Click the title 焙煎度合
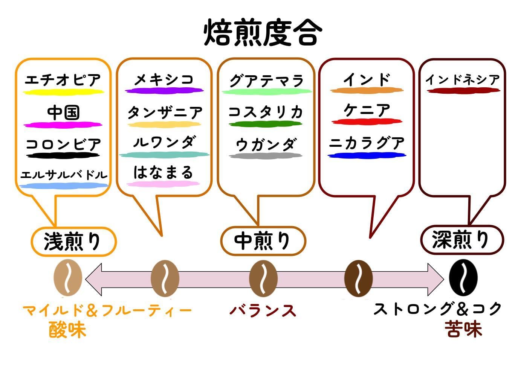coord(263,33)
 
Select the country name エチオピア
coord(63,80)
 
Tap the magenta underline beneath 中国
coord(63,125)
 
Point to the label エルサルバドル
coord(64,175)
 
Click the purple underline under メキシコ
coord(164,91)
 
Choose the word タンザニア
coord(165,112)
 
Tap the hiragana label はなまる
coord(163,172)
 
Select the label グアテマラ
coord(266,80)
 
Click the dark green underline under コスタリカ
coord(265,124)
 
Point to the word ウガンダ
coord(266,144)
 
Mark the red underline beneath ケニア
coord(367,122)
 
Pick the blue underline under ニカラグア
coord(367,155)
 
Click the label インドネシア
coord(462,79)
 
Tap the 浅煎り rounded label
coord(73,241)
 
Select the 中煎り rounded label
coord(263,241)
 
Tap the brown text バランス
coord(263,311)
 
